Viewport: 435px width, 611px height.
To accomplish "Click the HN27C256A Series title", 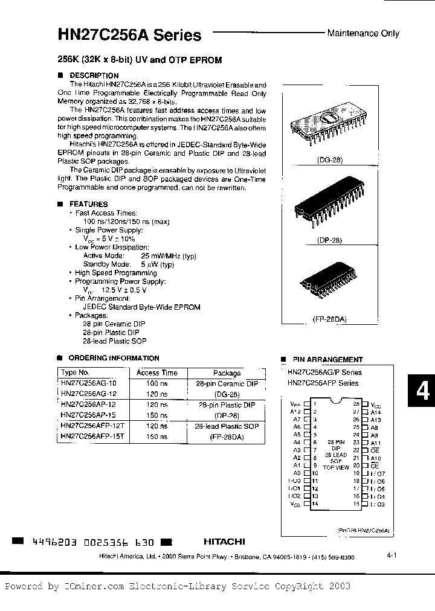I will [129, 35].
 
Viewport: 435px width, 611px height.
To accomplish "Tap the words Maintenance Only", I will [363, 33].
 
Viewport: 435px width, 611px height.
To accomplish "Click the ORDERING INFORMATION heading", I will [114, 358].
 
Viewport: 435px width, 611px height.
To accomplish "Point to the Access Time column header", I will [157, 373].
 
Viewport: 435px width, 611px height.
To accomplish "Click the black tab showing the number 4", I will [422, 391].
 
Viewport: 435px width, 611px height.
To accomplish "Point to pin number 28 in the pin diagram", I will [356, 403].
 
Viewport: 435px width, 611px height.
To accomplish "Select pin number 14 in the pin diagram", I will [315, 503].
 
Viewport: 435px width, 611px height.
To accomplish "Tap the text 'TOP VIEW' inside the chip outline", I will [336, 467].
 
